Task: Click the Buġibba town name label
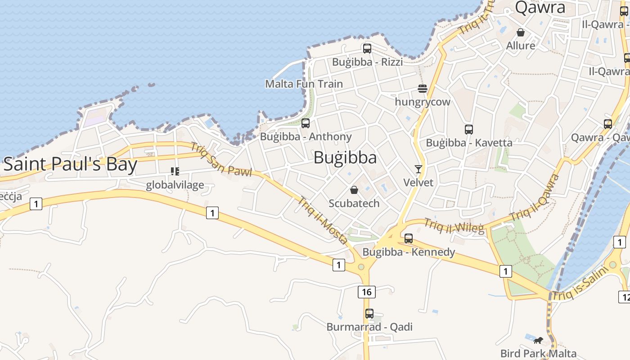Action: point(345,157)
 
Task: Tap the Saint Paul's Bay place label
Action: point(70,164)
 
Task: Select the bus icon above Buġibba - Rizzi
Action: point(367,49)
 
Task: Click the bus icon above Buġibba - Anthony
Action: point(306,123)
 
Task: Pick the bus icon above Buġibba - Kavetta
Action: point(469,130)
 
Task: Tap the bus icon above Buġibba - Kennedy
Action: point(409,238)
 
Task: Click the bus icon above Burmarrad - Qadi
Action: point(369,314)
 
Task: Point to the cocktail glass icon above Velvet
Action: point(418,169)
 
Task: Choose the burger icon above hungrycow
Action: point(422,89)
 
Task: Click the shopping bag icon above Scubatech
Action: point(354,190)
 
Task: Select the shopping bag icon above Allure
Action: point(521,32)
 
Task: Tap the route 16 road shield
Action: point(367,292)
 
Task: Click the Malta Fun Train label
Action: point(304,84)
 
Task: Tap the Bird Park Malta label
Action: point(538,354)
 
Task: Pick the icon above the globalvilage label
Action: point(175,171)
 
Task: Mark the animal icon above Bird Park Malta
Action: point(538,340)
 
